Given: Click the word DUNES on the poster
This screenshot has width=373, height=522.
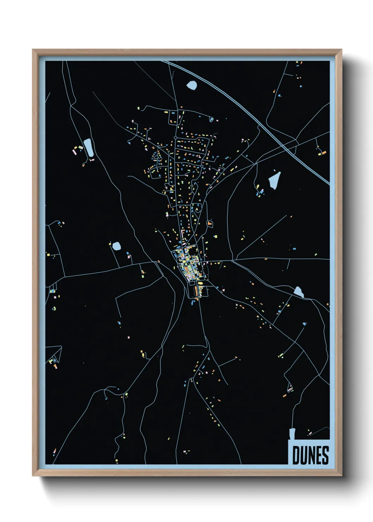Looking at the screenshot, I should pos(310,455).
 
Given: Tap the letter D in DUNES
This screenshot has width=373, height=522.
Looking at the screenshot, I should pos(296,455).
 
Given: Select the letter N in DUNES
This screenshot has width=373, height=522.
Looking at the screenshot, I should pos(311,455).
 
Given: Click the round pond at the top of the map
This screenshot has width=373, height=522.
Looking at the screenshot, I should pos(192,85).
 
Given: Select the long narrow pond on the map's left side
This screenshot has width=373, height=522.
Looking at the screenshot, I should pos(88,147).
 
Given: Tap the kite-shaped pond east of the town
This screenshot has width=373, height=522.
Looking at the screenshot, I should pos(275,180).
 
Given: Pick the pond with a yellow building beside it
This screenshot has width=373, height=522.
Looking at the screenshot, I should pos(116,246).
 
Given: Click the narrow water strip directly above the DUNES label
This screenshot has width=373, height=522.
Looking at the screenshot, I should pos(292,434).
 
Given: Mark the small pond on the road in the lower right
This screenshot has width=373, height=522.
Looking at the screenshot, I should pos(299,292).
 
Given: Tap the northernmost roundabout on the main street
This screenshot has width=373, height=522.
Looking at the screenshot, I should pos(175,138).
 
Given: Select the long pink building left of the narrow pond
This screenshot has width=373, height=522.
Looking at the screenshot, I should pos(75,152).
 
